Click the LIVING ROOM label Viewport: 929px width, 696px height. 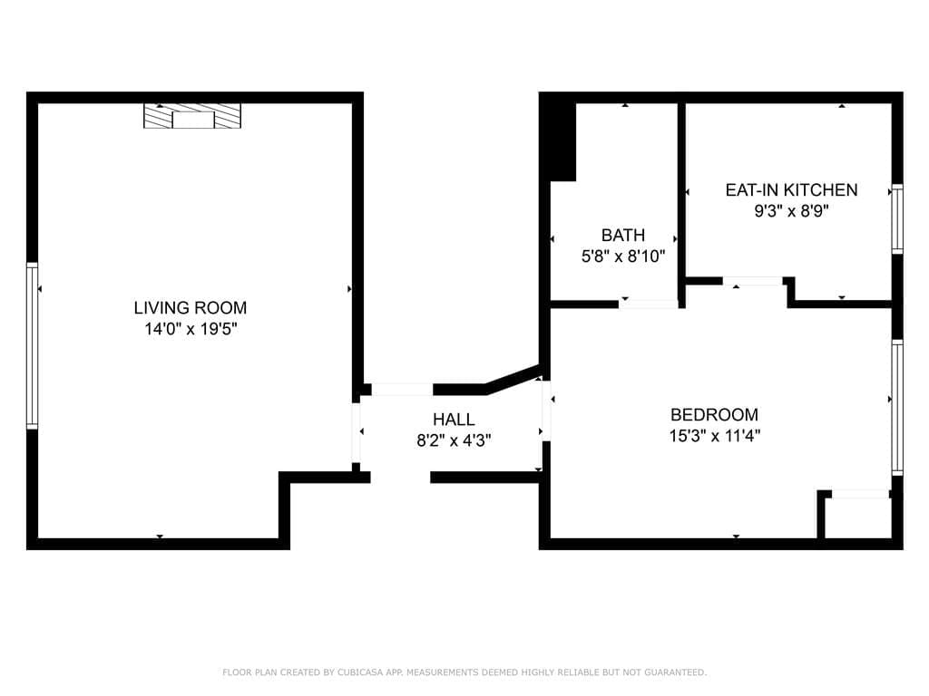pos(191,308)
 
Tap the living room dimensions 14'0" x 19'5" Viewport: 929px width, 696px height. pos(191,329)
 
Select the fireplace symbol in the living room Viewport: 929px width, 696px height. pos(192,116)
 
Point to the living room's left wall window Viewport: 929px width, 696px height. pos(32,345)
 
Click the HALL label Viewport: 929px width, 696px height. pos(454,420)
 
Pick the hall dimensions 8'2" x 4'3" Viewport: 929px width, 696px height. pos(454,441)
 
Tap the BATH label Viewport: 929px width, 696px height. pos(623,236)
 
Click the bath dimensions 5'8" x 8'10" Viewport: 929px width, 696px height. pos(623,256)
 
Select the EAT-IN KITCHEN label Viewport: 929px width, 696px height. pos(791,190)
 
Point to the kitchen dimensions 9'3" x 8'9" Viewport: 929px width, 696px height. pos(791,210)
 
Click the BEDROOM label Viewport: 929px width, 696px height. pos(715,415)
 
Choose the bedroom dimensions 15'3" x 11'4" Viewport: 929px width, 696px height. pos(715,436)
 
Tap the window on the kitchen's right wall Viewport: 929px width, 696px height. pos(897,219)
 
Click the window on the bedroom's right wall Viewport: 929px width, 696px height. pos(897,408)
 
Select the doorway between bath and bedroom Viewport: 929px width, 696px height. pos(649,304)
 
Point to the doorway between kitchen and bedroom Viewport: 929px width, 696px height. pos(752,281)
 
